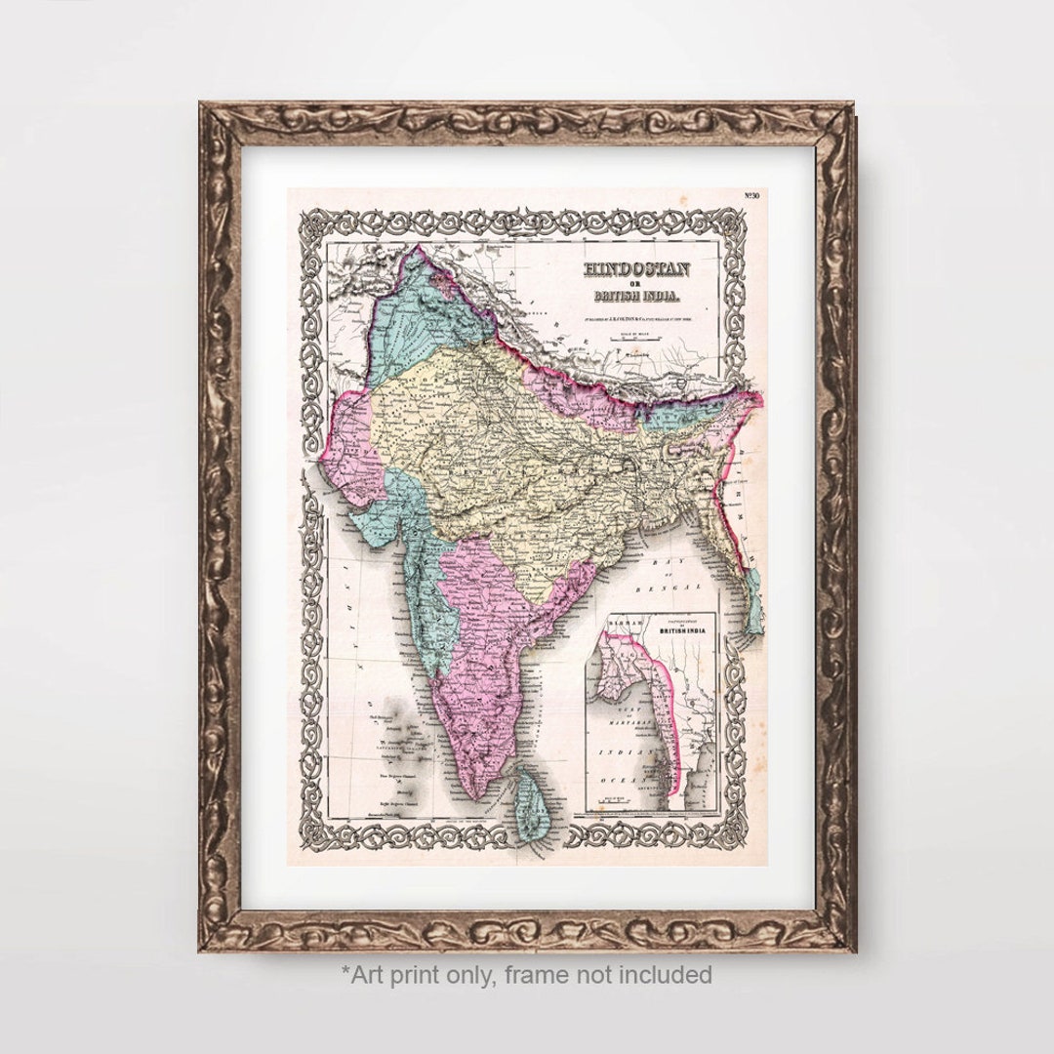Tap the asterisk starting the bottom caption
click(x=345, y=971)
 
